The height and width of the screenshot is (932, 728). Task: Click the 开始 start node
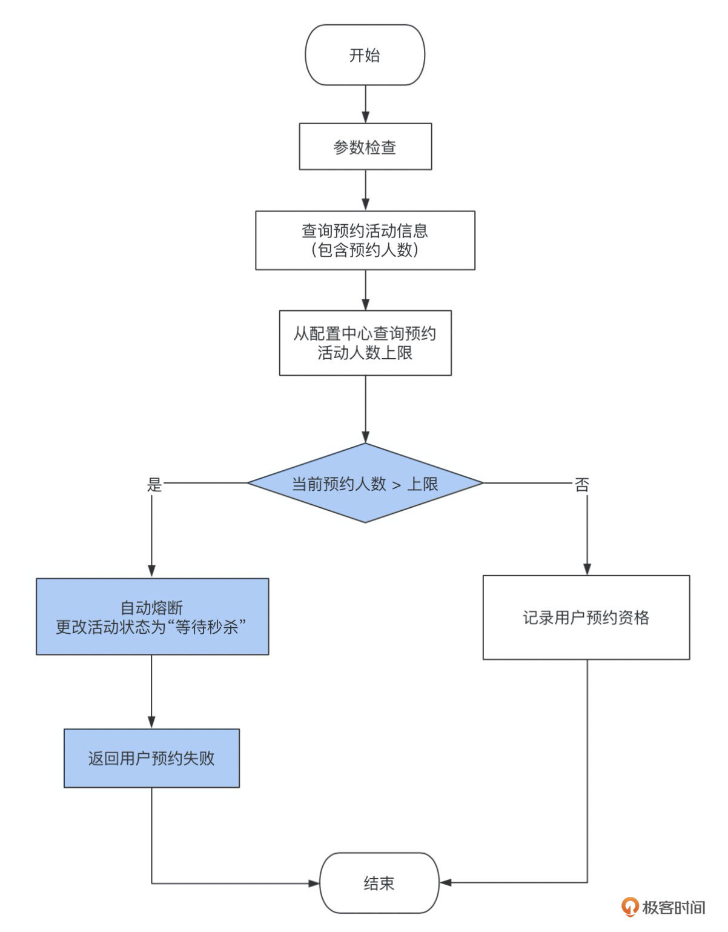click(x=365, y=55)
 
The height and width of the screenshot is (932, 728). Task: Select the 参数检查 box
click(x=365, y=147)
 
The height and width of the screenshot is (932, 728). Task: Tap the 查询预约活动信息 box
click(x=365, y=240)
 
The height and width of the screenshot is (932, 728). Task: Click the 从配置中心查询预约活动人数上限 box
click(x=365, y=343)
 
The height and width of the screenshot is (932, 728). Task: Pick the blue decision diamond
click(x=365, y=483)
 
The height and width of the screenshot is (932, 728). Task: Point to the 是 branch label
click(x=155, y=485)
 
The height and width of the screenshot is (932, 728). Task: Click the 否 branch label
click(x=581, y=485)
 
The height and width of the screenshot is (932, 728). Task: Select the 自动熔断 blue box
click(x=152, y=616)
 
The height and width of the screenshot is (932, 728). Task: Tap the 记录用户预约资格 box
click(x=586, y=617)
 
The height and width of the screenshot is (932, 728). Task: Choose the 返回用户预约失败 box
click(x=151, y=758)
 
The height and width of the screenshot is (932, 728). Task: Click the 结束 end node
click(x=379, y=883)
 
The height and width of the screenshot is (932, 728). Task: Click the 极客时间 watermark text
click(x=673, y=907)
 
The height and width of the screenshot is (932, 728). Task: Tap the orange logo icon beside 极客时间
click(x=630, y=907)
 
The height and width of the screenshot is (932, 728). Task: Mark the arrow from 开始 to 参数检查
click(x=365, y=104)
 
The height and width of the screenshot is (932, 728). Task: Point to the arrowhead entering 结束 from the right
click(x=446, y=882)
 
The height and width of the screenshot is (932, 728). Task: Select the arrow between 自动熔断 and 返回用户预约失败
click(x=151, y=691)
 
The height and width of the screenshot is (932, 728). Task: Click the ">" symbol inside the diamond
click(x=397, y=485)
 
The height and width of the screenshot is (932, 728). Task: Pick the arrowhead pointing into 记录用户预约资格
click(x=587, y=569)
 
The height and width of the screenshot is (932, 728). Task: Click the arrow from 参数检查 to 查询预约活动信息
click(x=365, y=190)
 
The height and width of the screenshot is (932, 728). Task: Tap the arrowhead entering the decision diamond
click(x=365, y=437)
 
